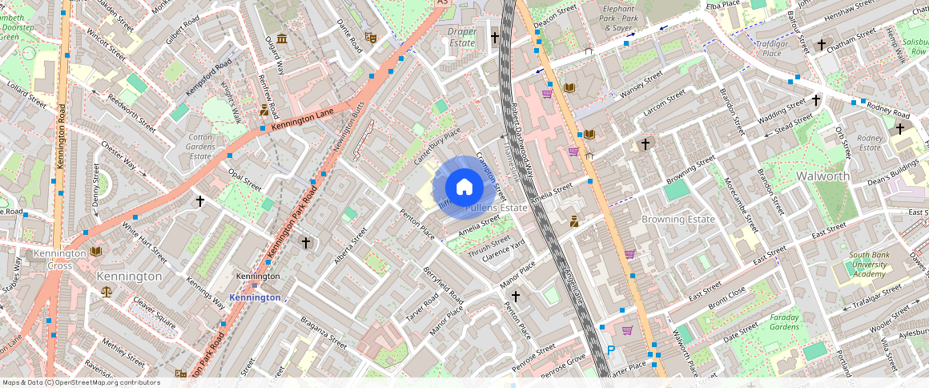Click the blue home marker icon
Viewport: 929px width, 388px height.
[x=464, y=188]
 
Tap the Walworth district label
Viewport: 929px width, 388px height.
[x=822, y=176]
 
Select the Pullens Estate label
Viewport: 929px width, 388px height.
[x=497, y=208]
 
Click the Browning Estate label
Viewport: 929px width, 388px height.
[x=678, y=219]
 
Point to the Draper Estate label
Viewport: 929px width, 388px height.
[x=462, y=37]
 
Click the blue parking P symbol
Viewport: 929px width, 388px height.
[x=611, y=350]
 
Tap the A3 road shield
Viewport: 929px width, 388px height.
[x=442, y=3]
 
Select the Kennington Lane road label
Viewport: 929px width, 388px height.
[x=301, y=120]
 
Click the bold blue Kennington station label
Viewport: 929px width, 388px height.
[x=255, y=297]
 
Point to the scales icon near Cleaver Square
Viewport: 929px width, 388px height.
[x=107, y=293]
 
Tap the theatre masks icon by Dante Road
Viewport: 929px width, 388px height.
[x=370, y=37]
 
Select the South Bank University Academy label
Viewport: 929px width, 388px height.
[x=868, y=265]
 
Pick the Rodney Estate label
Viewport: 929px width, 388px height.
[x=870, y=142]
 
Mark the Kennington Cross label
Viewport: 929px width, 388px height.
[x=59, y=259]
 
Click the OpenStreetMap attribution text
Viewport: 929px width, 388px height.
[x=81, y=382]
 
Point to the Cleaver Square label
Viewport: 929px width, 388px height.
[x=154, y=313]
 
